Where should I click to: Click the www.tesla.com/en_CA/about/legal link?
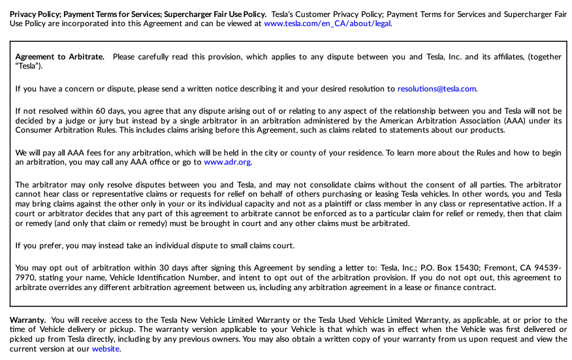[328, 24]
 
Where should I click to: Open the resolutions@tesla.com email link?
[437, 89]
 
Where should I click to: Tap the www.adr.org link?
[227, 162]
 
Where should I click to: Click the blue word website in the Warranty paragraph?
[106, 349]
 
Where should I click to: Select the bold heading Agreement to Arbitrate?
[59, 57]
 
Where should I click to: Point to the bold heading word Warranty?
[27, 320]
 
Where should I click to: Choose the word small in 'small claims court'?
[242, 246]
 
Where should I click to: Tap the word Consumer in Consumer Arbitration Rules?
[33, 130]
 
